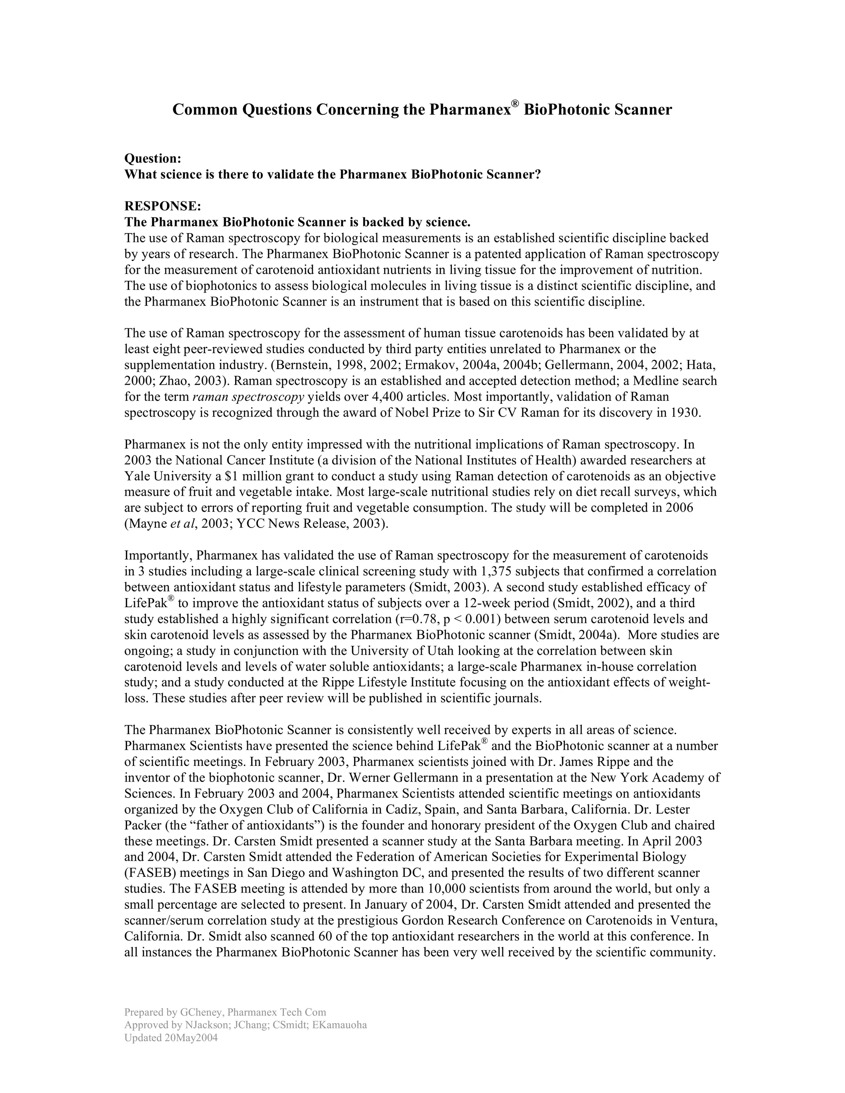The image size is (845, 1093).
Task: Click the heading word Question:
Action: [152, 159]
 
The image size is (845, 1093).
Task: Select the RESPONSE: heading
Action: [163, 206]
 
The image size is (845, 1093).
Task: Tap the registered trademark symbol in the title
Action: [515, 104]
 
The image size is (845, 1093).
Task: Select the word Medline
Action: [657, 382]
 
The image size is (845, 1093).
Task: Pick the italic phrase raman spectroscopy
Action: [248, 397]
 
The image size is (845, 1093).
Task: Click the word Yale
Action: [138, 476]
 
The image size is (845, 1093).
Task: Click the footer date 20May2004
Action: [191, 1038]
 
